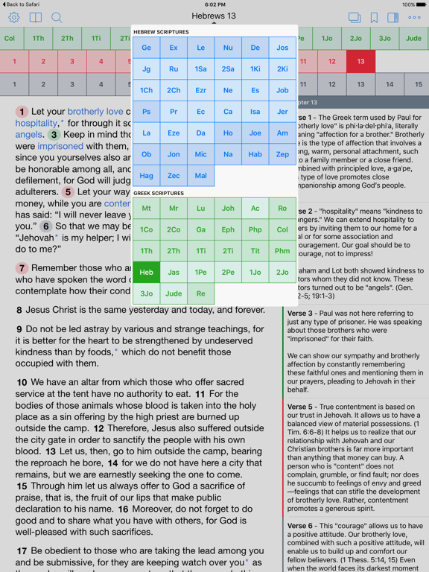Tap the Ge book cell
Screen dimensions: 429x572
pos(146,48)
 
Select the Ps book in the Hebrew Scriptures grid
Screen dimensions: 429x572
pos(146,112)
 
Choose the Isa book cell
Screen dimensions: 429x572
pos(255,112)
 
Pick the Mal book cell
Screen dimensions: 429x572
pos(200,176)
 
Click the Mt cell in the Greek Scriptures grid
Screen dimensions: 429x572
pos(146,209)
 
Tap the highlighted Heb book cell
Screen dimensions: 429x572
pos(146,273)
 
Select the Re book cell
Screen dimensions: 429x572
pos(200,293)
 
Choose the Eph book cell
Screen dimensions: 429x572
pos(228,230)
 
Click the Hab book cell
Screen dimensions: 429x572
pos(255,154)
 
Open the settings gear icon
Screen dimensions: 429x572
pos(13,17)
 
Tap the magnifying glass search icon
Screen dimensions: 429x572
pos(57,17)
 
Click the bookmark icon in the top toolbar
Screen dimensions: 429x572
pos(374,17)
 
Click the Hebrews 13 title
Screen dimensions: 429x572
pos(214,16)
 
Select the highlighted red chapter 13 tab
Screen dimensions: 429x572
pos(360,62)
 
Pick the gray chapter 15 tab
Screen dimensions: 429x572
pos(419,85)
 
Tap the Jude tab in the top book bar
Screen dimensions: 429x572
pos(413,39)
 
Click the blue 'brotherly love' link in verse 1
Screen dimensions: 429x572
pos(95,112)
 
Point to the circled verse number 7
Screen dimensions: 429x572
pos(22,268)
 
